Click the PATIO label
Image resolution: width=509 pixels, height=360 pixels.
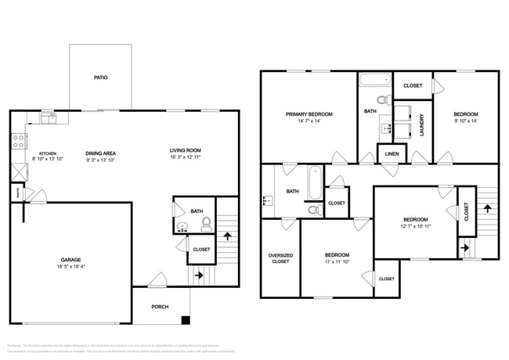100,77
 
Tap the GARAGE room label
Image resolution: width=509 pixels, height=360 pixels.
71,259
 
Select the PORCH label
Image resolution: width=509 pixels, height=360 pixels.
159,307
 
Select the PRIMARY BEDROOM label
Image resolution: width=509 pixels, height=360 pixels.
309,114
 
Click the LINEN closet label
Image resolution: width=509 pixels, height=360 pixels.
392,153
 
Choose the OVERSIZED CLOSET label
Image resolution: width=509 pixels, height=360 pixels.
280,258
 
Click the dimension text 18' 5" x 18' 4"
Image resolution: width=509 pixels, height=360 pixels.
71,266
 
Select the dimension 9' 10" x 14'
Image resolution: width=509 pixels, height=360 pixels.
464,121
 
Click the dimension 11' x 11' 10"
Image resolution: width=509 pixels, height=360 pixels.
337,262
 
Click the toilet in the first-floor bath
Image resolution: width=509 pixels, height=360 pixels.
207,225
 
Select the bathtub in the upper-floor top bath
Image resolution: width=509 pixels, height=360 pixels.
374,80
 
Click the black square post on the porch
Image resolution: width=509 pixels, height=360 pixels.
185,319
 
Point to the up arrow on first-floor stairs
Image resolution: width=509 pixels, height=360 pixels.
228,234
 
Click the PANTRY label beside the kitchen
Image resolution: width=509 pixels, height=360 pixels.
16,190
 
